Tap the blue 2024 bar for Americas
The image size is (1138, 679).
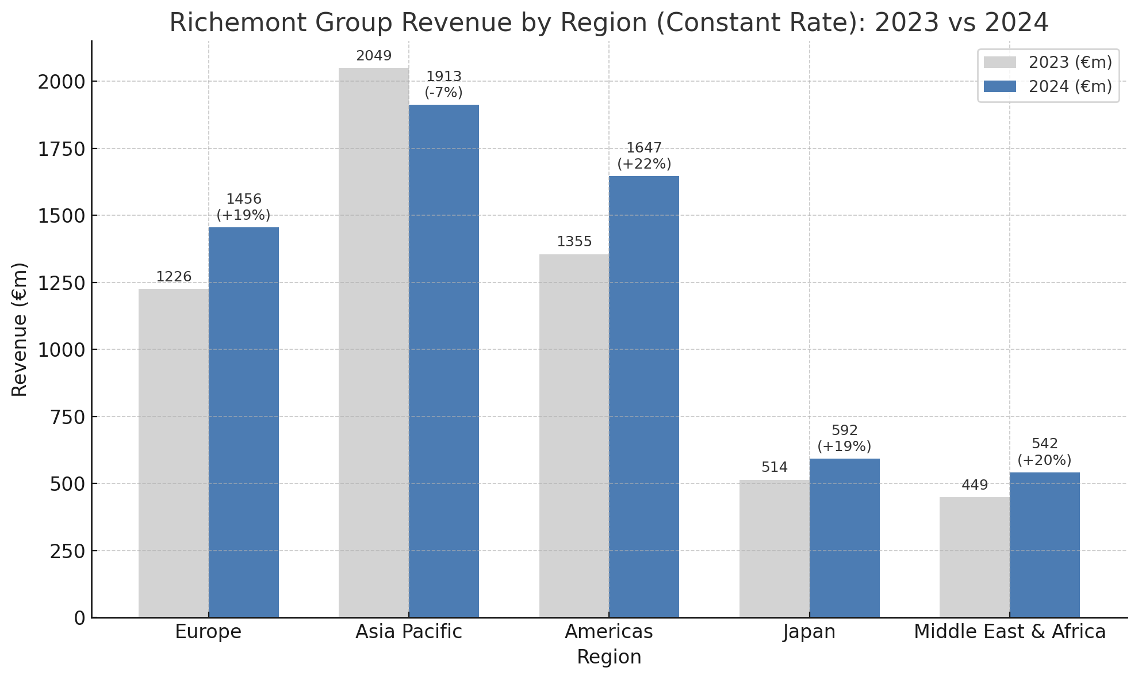pyautogui.click(x=643, y=396)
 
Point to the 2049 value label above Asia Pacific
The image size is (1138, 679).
pyautogui.click(x=374, y=56)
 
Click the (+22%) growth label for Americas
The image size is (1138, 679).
pyautogui.click(x=644, y=164)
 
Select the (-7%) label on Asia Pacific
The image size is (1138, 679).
pyautogui.click(x=443, y=93)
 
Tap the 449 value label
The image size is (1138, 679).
pyautogui.click(x=975, y=485)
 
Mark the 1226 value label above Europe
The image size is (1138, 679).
pyautogui.click(x=174, y=277)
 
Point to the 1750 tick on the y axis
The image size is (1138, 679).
pyautogui.click(x=61, y=149)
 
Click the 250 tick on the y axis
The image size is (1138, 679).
pyautogui.click(x=67, y=551)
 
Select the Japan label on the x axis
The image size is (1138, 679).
pyautogui.click(x=809, y=632)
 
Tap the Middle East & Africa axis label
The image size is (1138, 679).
pyautogui.click(x=1010, y=632)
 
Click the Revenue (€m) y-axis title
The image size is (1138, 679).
pyautogui.click(x=20, y=329)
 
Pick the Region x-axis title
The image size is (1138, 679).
pyautogui.click(x=609, y=657)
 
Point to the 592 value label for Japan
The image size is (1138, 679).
pyautogui.click(x=845, y=430)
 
